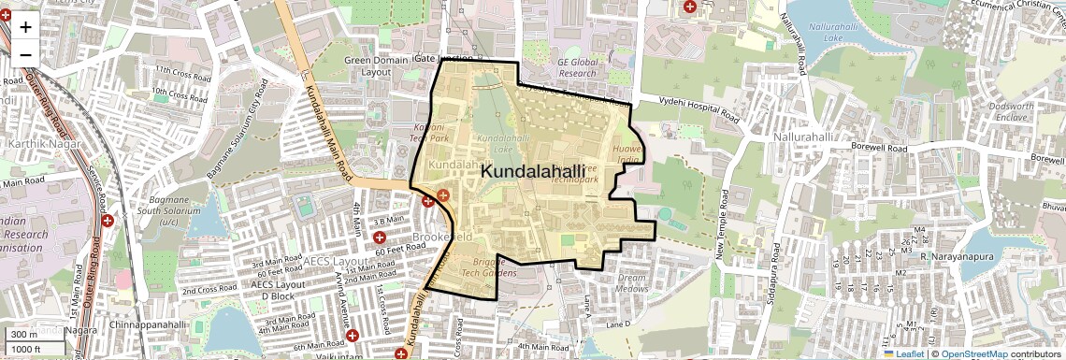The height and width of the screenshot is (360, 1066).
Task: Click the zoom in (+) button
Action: [x=25, y=26]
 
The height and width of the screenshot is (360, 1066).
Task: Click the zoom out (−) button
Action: [x=25, y=54]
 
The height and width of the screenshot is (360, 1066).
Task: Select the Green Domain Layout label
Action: [x=376, y=66]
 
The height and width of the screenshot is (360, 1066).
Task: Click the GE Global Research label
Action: [x=576, y=68]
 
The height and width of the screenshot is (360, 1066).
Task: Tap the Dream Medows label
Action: [x=633, y=283]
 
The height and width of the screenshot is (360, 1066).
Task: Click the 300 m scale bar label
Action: [x=24, y=335]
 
